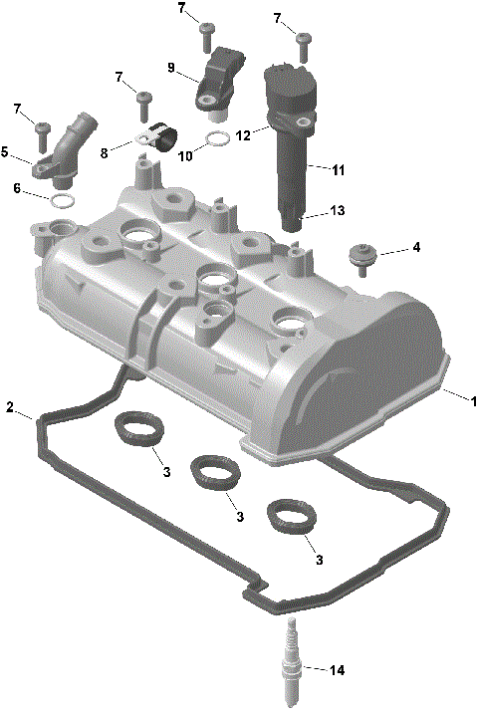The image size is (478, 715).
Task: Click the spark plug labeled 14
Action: coord(294,665)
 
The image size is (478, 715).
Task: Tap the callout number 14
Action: coord(337,671)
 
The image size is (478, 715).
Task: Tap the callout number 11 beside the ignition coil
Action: coord(338,171)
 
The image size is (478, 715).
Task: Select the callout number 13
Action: coord(338,211)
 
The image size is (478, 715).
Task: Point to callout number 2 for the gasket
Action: coord(10,407)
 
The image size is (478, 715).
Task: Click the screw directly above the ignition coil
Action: coord(305,43)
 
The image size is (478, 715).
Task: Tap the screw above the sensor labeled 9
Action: coord(206,33)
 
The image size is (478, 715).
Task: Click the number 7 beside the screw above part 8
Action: coord(119,77)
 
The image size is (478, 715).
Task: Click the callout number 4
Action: coord(416,247)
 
